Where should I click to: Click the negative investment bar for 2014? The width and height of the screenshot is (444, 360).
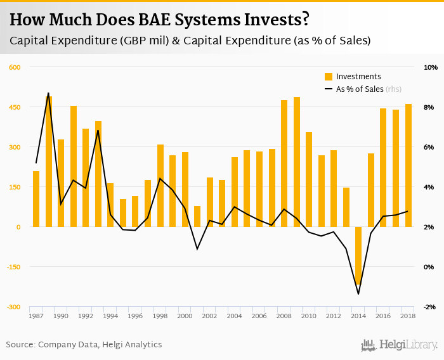tap(358, 255)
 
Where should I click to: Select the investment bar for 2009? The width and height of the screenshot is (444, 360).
tap(296, 162)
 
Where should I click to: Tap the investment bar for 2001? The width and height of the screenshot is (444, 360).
tap(197, 216)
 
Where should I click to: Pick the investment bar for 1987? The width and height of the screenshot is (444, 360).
tap(36, 199)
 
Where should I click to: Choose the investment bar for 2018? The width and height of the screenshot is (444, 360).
tap(408, 165)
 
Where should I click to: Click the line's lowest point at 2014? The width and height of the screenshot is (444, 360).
tap(358, 294)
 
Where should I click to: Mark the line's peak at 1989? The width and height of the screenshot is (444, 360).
tap(48, 93)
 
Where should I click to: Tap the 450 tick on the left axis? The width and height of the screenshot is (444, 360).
tap(15, 107)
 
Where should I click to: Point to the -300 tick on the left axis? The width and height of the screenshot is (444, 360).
tap(13, 307)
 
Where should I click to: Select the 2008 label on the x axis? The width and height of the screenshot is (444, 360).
tap(284, 316)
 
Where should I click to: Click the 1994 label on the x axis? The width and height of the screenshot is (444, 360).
tap(110, 316)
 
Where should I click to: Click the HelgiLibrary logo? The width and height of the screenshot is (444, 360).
tap(399, 345)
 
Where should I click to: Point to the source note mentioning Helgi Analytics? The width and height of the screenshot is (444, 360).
tap(84, 345)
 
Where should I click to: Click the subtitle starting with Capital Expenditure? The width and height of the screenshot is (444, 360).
tap(190, 41)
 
